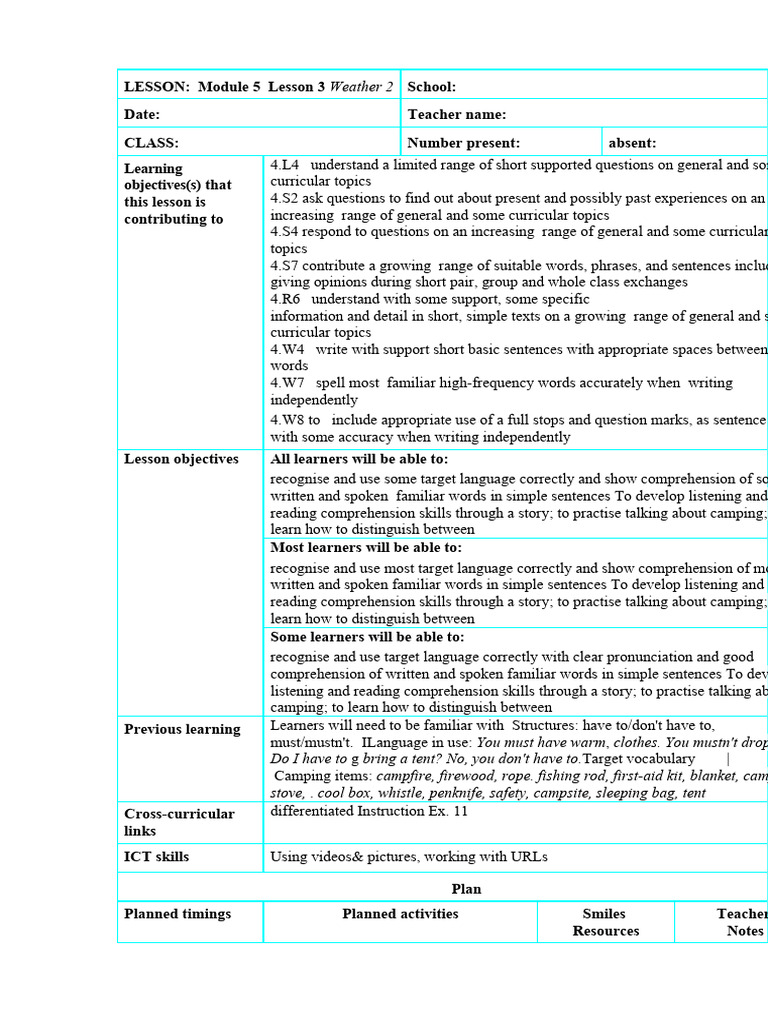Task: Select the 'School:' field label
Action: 431,87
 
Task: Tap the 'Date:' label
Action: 142,115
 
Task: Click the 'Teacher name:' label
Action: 456,115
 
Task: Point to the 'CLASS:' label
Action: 151,143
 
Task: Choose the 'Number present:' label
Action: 463,143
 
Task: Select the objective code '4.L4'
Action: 286,165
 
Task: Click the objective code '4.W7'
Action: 287,382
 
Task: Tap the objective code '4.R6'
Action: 286,299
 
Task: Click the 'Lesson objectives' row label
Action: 181,459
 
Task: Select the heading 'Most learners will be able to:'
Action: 366,547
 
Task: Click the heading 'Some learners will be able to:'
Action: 367,637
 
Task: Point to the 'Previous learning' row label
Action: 182,729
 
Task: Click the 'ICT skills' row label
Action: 156,857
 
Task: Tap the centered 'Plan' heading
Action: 466,888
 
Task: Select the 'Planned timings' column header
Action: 177,914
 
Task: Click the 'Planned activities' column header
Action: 400,914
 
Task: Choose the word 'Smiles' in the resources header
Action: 604,914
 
